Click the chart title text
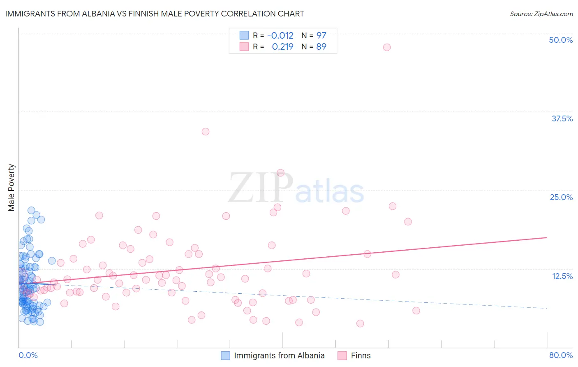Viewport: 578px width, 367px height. click(155, 14)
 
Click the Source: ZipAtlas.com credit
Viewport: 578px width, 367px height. click(541, 14)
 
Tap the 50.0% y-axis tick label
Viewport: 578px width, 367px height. click(561, 40)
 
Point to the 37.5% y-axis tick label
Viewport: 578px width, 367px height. click(562, 118)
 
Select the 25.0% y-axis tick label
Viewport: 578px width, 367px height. click(561, 197)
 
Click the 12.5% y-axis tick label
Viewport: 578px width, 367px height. click(562, 276)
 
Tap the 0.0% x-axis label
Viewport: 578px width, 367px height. click(28, 355)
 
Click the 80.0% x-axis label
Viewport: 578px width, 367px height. click(561, 355)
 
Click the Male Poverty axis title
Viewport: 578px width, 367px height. click(12, 188)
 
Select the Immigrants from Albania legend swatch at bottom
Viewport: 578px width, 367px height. click(225, 355)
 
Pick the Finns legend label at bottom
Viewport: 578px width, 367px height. click(361, 355)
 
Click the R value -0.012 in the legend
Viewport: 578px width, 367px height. click(280, 35)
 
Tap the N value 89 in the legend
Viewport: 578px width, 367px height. click(321, 46)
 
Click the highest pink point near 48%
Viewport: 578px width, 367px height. click(387, 47)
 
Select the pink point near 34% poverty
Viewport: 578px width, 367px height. click(206, 132)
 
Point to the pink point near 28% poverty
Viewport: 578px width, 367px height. click(281, 173)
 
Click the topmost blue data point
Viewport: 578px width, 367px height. click(31, 210)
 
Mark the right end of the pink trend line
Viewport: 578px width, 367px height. click(547, 237)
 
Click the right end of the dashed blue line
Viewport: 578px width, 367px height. click(547, 308)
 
